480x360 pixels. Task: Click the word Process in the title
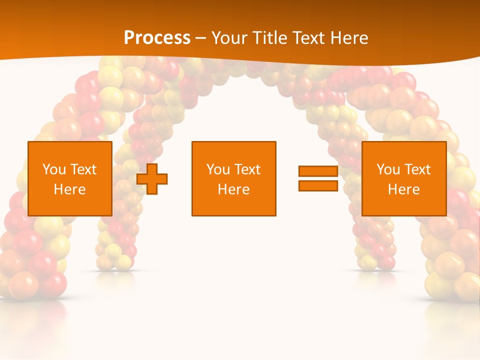(157, 37)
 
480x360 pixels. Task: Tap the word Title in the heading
(268, 38)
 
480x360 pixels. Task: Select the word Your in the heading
(228, 38)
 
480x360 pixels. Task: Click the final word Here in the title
(349, 38)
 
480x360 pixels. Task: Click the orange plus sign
(152, 178)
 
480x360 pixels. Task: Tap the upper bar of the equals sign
(318, 171)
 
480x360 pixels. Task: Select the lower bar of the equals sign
(318, 186)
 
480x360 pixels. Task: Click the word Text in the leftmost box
(83, 169)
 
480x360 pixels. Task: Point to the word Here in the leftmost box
(70, 189)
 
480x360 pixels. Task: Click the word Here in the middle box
(234, 189)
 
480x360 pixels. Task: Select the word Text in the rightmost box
(417, 169)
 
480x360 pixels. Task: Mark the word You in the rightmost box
(388, 169)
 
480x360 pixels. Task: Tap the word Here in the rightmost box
(404, 189)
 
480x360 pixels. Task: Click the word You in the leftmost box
(54, 169)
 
